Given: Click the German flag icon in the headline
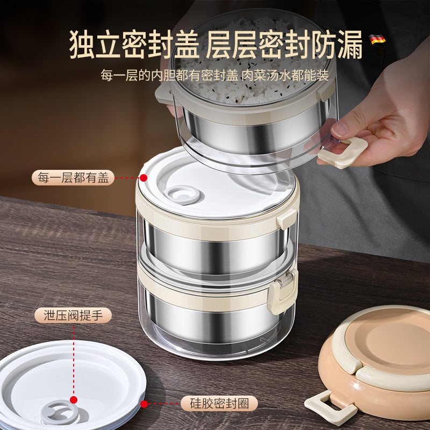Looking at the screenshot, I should click(377, 39).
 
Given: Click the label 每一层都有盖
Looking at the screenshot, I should click(73, 177).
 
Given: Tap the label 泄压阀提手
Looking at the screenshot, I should click(73, 315).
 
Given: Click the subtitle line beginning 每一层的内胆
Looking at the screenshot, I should click(214, 75).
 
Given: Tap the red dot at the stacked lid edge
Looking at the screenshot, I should click(143, 177).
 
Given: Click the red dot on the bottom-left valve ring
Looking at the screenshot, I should click(74, 400).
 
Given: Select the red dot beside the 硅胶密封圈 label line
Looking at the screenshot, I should click(143, 402).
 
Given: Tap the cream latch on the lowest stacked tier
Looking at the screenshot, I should click(283, 290).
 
